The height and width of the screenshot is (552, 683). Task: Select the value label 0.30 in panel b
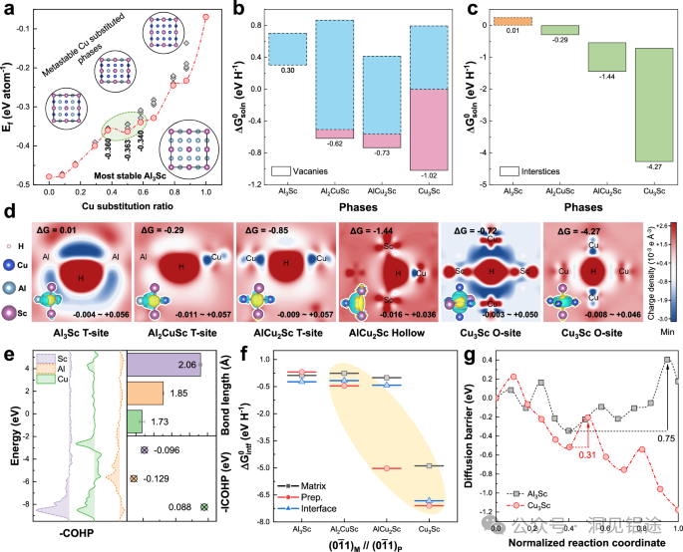pos(286,72)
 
